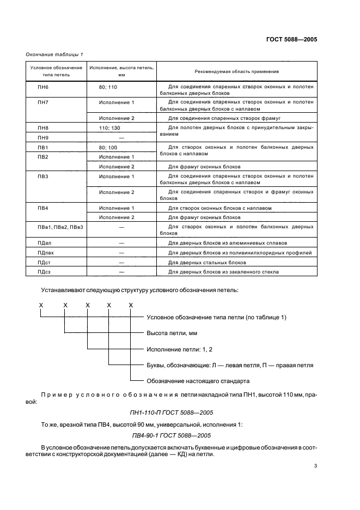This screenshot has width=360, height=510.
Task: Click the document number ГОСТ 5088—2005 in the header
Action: click(291, 40)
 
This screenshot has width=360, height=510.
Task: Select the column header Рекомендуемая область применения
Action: click(236, 71)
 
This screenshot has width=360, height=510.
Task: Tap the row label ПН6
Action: click(42, 87)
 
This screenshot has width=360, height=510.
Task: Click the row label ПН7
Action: click(42, 102)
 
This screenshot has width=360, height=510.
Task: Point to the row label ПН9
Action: click(42, 138)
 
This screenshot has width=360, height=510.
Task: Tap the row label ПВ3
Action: click(42, 177)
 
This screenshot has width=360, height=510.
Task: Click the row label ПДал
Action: click(45, 243)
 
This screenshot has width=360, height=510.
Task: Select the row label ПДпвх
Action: click(46, 253)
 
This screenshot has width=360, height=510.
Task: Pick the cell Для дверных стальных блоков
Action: click(203, 263)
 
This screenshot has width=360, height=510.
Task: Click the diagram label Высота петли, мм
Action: click(172, 333)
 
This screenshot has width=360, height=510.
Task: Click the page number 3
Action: click(315, 466)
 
